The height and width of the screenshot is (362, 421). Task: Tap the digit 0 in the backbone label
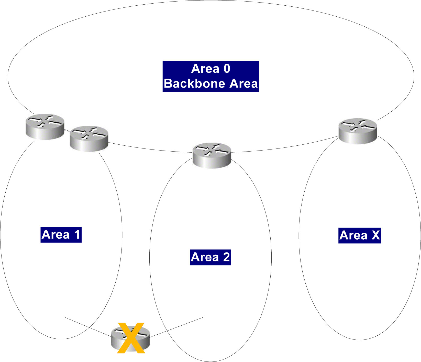(x=227, y=69)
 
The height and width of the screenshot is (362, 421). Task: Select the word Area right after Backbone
(x=243, y=84)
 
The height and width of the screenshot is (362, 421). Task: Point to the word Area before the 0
(x=205, y=69)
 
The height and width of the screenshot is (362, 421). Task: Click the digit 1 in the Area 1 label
(x=77, y=235)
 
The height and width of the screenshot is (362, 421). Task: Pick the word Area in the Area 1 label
(x=56, y=235)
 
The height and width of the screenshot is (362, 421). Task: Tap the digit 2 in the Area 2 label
(x=226, y=257)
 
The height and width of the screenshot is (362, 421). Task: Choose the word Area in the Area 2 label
(x=205, y=257)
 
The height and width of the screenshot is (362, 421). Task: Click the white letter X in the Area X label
(x=375, y=235)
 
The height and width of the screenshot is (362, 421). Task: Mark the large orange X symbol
(x=131, y=338)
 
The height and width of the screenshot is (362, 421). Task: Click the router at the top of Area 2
(x=212, y=155)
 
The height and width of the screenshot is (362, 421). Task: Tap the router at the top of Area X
(x=358, y=131)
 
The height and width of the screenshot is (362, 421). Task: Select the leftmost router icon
(x=45, y=126)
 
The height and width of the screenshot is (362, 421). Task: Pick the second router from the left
(x=89, y=139)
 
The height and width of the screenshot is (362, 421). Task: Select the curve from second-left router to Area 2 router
(x=151, y=150)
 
